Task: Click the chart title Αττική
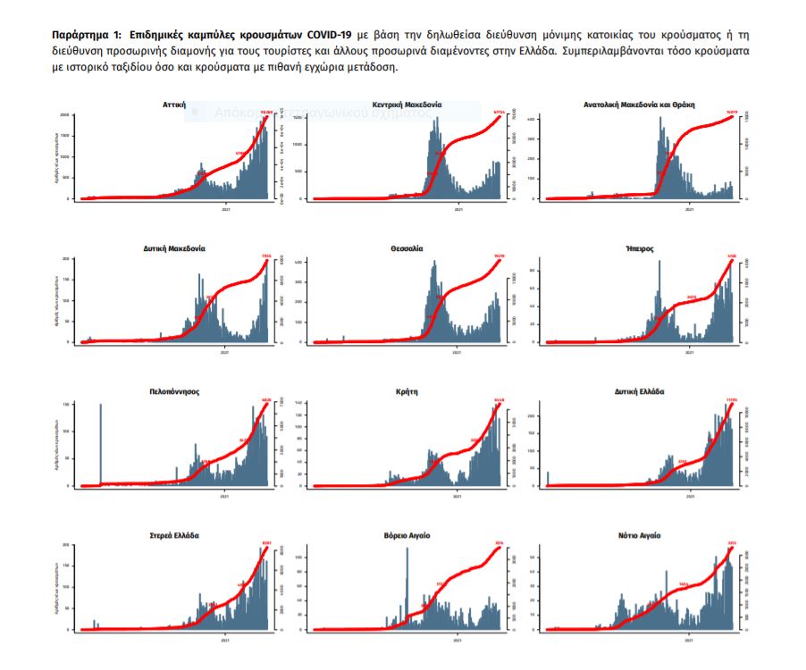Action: click(174, 105)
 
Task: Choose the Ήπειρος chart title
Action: click(640, 247)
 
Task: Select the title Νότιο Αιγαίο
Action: click(640, 535)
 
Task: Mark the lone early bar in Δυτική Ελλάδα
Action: click(548, 479)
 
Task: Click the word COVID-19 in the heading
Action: click(315, 32)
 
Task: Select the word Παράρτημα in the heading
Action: click(80, 32)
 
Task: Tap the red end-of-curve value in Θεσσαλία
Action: click(499, 256)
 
